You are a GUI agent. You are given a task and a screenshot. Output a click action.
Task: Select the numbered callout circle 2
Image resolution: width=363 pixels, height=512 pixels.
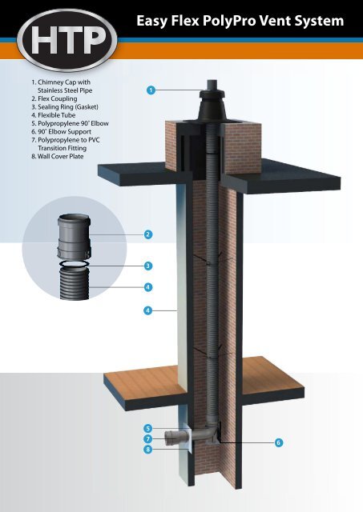pos(148,234)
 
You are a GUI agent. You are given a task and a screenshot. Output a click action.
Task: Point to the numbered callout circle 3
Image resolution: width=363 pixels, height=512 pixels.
pos(148,265)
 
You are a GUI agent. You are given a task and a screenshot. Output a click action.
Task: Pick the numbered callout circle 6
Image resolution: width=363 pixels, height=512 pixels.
pos(278,442)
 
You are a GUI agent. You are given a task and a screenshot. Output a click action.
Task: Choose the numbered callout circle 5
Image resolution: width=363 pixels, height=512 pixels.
pos(148,429)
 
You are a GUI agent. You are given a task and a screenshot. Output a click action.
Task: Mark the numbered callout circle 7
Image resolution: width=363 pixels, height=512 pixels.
pos(148,439)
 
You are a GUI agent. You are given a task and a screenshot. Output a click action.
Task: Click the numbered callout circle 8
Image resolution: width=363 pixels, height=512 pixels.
pos(148,450)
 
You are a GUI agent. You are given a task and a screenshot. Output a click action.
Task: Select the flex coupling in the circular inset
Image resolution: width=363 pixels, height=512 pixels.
pos(75,237)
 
